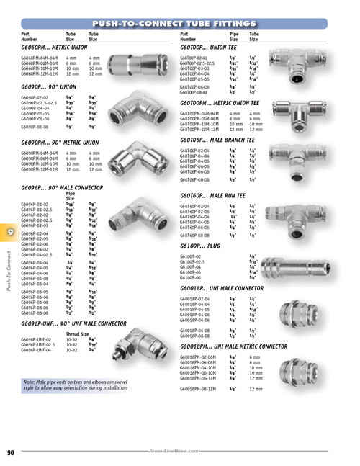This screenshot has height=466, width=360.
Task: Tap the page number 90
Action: [12, 452]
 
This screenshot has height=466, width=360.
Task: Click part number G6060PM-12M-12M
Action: [41, 73]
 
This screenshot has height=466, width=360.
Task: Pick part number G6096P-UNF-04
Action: [36, 349]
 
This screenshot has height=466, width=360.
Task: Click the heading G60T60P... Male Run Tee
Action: [217, 194]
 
